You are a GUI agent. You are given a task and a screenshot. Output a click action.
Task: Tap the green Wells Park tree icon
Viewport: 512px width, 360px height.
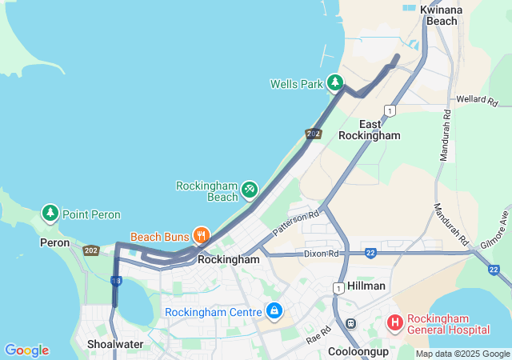pos(335,82)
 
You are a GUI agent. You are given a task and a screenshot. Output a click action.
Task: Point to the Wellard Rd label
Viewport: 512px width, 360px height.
pos(477,101)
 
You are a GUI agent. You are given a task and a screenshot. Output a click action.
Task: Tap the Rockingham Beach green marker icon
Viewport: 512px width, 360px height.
pos(250,189)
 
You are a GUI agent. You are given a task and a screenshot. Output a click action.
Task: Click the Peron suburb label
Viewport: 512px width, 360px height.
pos(54,242)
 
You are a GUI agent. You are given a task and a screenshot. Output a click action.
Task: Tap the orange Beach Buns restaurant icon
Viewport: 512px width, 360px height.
pos(201,236)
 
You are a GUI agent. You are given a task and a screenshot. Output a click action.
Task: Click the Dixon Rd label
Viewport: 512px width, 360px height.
pos(322,254)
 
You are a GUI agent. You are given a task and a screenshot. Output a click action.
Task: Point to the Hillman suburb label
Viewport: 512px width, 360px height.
pos(367,286)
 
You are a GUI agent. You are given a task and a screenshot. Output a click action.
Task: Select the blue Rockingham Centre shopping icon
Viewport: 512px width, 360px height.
pos(274,310)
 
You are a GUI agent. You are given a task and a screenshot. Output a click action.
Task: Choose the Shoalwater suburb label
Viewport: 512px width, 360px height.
pos(114,345)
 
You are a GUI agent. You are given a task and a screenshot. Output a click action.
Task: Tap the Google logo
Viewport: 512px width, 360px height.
pos(26,350)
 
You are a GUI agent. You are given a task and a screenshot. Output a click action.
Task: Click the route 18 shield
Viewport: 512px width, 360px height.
pos(116,280)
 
